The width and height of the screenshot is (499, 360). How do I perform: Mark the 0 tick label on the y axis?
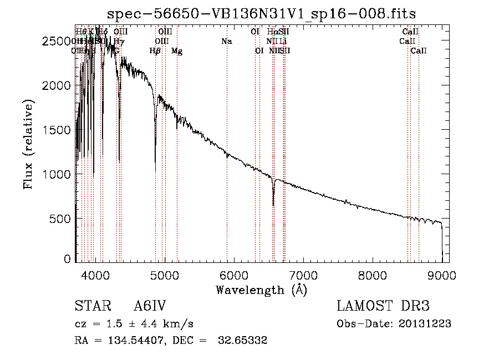tap(67, 259)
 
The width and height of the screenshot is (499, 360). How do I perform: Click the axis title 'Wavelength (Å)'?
tap(261, 290)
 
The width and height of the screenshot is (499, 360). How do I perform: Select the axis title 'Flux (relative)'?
tap(28, 144)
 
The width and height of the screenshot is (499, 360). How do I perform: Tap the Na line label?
tap(226, 41)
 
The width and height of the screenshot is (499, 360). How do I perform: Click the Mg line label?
tap(177, 51)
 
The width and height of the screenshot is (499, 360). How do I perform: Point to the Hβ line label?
tap(155, 51)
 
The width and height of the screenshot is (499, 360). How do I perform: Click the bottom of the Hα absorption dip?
tap(273, 205)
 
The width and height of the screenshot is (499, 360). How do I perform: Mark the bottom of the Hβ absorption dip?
tap(155, 170)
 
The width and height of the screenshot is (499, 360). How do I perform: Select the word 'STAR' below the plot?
tap(91, 306)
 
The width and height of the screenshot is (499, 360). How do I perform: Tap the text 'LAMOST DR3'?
tap(383, 306)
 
